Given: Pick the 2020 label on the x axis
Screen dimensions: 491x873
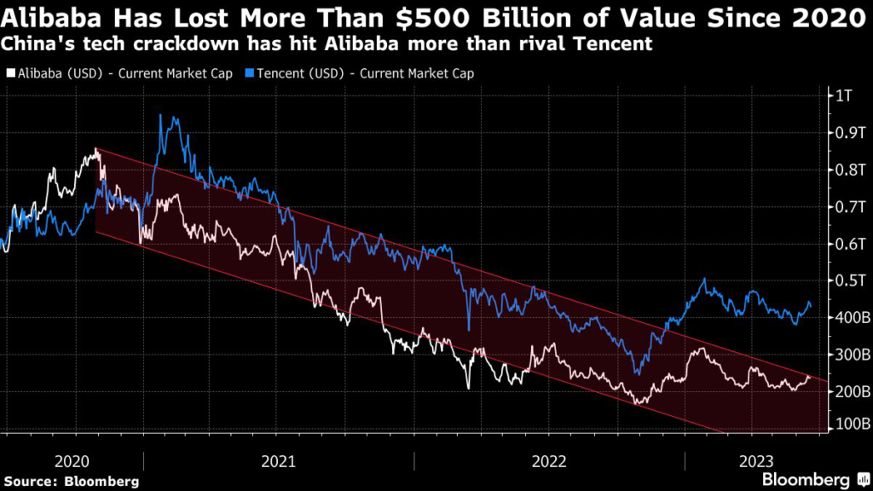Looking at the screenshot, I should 72,461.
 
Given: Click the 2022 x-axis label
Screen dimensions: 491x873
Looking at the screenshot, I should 549,461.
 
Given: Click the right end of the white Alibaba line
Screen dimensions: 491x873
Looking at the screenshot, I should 809,375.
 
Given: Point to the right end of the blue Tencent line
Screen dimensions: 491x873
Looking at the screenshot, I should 810,306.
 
